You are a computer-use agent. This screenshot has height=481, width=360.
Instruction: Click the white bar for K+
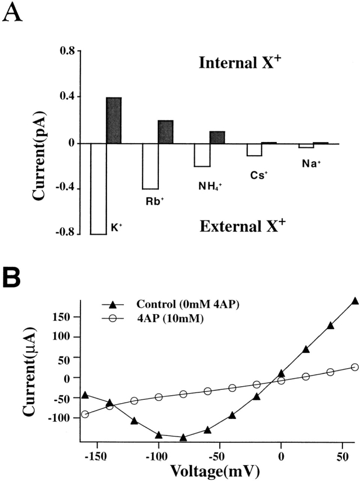coord(99,188)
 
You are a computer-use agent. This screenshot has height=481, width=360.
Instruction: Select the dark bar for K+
coord(114,121)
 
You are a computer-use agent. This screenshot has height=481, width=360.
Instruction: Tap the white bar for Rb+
coord(150,166)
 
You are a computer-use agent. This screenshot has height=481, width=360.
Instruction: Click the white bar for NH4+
coord(202,155)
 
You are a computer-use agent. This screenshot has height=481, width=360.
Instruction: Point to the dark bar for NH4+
coord(217,137)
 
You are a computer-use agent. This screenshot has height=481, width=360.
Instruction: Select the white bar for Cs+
coord(254,149)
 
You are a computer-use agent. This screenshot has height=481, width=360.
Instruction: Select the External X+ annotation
coord(243,226)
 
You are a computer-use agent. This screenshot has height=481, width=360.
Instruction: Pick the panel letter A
coord(13,12)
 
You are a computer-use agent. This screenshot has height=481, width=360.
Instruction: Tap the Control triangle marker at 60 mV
coord(355,301)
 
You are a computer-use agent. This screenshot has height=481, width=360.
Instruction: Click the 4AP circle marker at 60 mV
coord(355,367)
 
